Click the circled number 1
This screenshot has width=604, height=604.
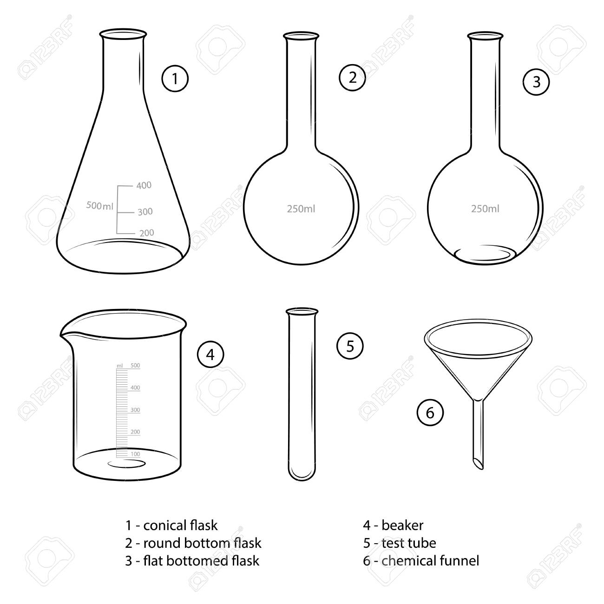[175, 79]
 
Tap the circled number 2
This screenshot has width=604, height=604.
[352, 78]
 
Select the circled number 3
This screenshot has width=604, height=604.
[536, 82]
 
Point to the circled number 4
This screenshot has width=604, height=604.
[210, 355]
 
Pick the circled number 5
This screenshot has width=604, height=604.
[350, 346]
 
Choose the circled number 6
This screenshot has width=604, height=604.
[430, 413]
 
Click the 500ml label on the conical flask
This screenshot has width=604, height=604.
[100, 206]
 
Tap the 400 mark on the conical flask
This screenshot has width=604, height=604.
[144, 185]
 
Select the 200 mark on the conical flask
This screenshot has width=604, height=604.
[146, 233]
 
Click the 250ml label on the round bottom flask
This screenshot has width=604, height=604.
[301, 209]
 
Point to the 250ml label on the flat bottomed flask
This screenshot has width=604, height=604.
[485, 209]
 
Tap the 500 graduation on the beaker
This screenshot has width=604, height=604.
[135, 366]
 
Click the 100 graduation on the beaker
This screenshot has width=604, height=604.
[135, 454]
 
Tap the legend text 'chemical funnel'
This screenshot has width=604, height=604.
[430, 561]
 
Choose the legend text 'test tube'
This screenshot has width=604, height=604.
[409, 543]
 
